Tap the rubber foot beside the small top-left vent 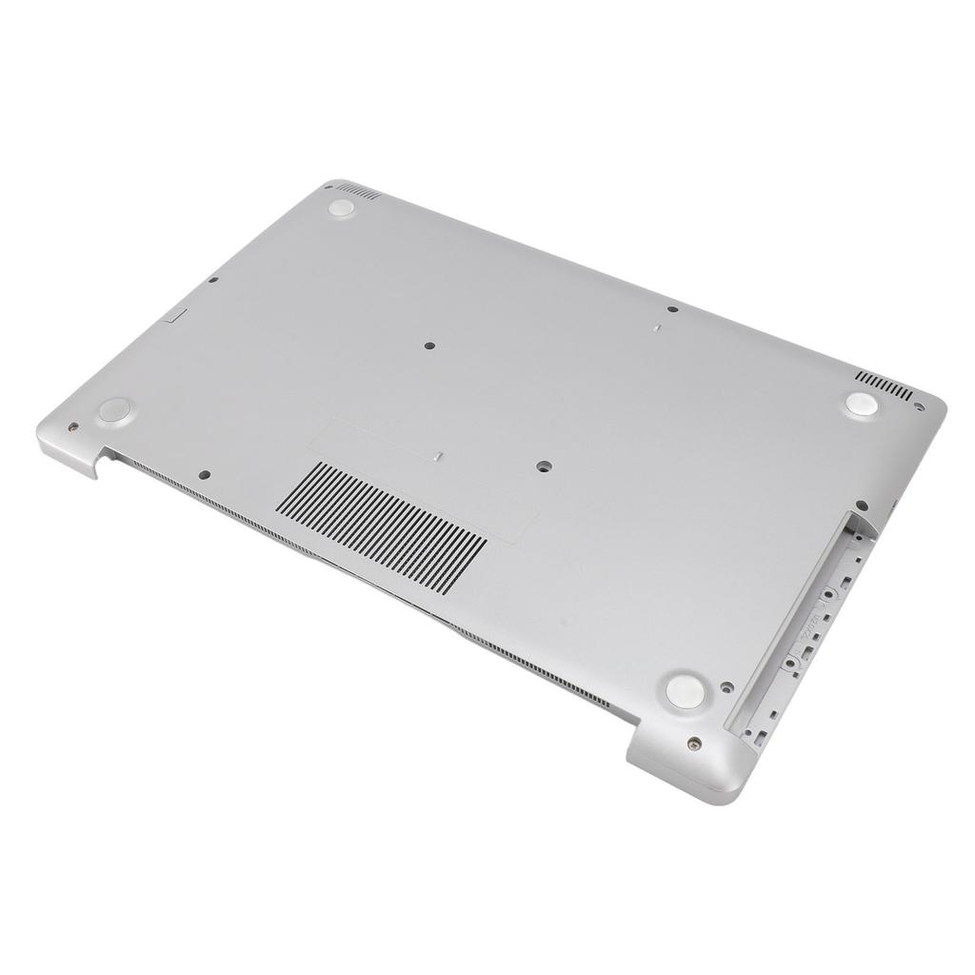(341, 208)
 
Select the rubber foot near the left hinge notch (114, 410)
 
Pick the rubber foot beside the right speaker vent (861, 403)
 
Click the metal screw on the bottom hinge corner (695, 743)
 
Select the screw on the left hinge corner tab (73, 428)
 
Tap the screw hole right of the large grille (544, 467)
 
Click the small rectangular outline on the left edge (175, 315)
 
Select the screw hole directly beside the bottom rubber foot (726, 686)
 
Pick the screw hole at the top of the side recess (861, 507)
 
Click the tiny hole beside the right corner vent (918, 406)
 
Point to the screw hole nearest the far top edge (672, 310)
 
